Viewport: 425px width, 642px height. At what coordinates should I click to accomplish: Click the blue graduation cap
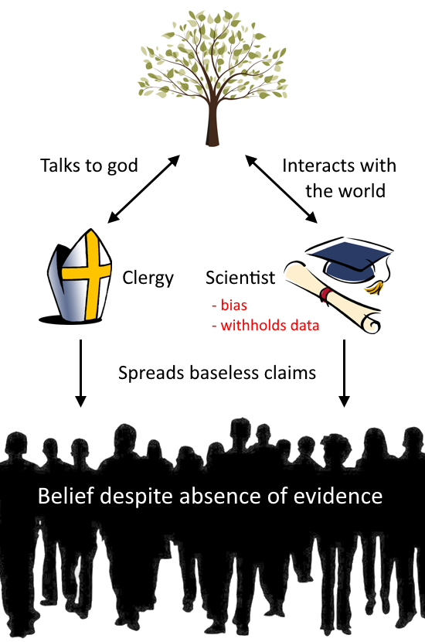349,258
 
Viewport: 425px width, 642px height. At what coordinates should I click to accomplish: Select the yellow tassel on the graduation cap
376,287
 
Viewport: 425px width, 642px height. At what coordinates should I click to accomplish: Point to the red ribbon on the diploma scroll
325,294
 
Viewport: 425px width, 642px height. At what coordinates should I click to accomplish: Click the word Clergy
148,278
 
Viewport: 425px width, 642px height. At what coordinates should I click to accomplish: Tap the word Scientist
240,278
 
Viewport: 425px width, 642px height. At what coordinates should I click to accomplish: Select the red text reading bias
233,305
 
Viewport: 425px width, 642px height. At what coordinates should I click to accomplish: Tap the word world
362,191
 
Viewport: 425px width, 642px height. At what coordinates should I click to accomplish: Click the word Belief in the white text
66,496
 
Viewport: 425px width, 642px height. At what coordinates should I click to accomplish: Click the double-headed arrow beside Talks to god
144,189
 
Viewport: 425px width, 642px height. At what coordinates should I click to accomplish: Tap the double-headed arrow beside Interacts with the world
281,189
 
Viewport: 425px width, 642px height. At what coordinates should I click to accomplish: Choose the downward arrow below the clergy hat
81,373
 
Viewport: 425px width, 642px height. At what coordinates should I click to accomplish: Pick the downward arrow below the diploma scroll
345,373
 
